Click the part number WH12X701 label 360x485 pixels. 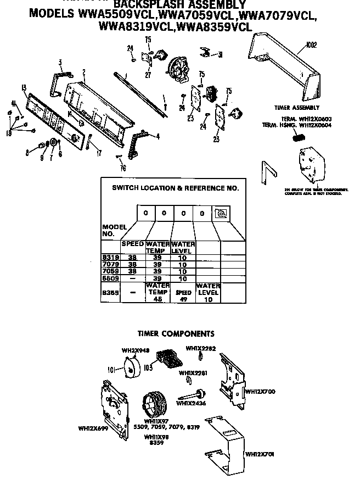(260, 454)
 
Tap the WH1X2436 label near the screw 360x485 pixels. (190, 403)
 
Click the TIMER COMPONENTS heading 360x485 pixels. (176, 333)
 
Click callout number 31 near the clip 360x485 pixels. (220, 54)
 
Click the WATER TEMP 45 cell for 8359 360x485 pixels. (157, 292)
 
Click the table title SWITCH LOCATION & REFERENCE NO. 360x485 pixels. (175, 188)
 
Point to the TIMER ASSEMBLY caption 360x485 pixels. (296, 108)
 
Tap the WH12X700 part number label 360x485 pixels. (260, 392)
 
